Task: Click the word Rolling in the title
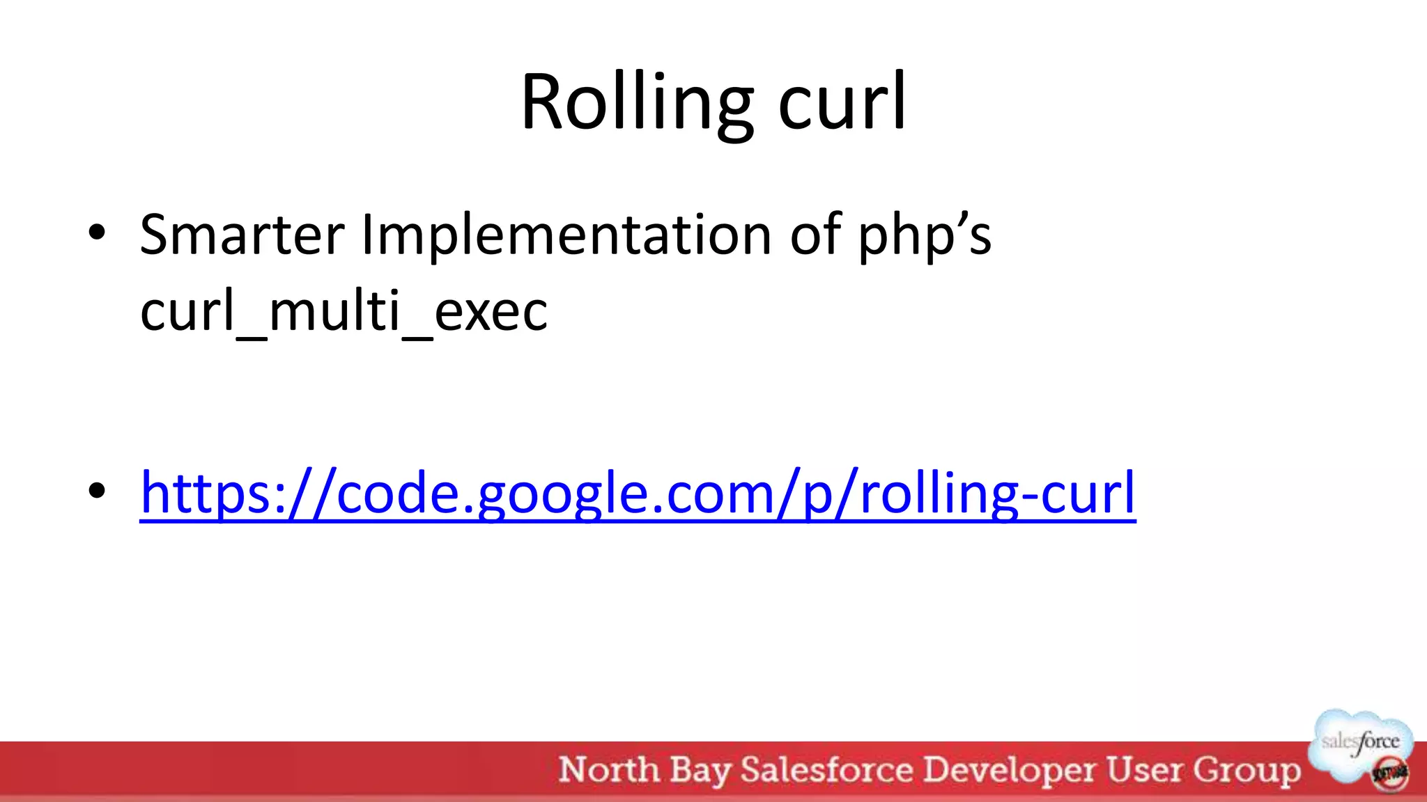coord(636,102)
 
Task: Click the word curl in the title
coord(842,102)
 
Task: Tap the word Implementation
coord(566,235)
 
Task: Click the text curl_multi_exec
coord(344,311)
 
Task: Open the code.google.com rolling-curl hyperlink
coord(638,493)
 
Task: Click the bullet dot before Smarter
coord(97,232)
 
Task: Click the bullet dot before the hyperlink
coord(97,491)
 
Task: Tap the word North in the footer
coord(609,770)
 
